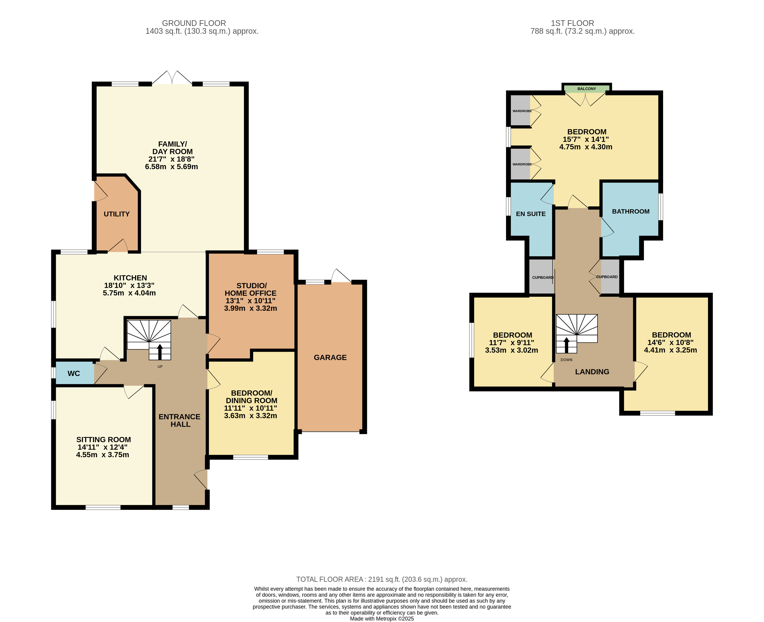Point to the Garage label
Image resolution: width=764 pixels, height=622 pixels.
point(330,358)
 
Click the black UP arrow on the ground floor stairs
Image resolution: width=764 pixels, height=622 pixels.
point(159,352)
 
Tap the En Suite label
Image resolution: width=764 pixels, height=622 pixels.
point(531,214)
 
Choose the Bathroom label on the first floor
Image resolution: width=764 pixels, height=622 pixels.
point(631,211)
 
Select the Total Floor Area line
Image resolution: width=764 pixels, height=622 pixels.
point(382,579)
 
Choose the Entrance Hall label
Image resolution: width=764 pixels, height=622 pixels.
point(180,421)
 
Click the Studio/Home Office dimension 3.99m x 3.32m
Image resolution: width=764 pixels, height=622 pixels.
point(251,308)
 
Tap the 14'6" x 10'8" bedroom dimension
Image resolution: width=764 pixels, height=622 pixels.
point(671,343)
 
